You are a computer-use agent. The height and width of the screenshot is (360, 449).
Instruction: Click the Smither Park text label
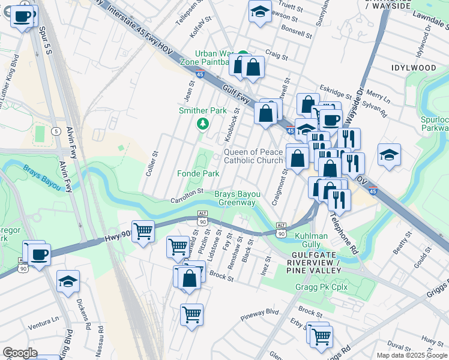point(203,110)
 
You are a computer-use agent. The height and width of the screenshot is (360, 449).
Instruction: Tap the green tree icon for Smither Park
point(203,124)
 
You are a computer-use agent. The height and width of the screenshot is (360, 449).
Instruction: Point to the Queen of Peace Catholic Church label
point(253,156)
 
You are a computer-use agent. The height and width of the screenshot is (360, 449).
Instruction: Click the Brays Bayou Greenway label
point(238,199)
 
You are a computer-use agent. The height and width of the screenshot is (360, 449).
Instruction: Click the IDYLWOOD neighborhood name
point(414,68)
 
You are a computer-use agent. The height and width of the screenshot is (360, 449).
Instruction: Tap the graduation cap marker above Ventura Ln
point(68,281)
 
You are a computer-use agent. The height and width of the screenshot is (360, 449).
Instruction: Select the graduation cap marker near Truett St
point(259,11)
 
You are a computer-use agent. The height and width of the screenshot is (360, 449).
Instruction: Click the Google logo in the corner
point(20,353)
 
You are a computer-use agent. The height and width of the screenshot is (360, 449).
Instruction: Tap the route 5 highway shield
point(56,131)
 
